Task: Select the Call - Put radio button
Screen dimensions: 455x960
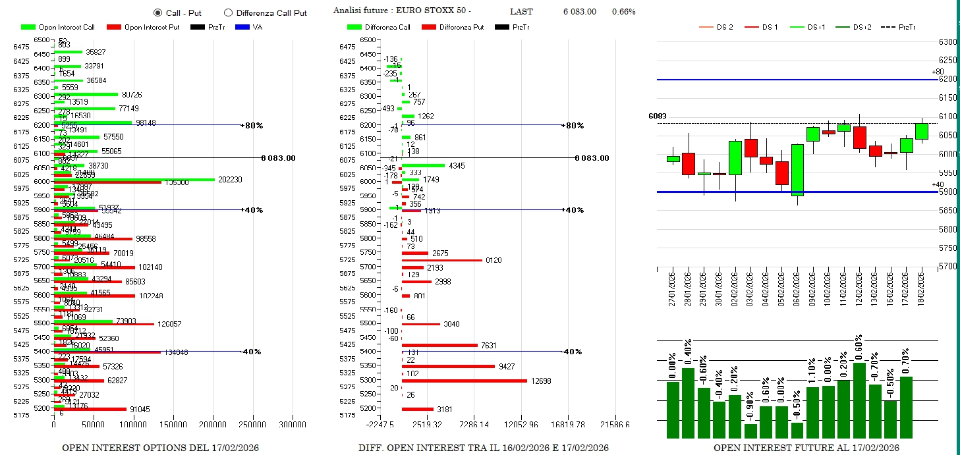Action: coord(157,13)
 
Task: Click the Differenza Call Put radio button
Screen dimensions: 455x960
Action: coord(229,13)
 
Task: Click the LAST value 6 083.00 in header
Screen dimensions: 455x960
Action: coord(579,12)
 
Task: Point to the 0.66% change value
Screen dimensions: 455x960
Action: coord(623,12)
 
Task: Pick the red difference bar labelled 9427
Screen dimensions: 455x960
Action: coord(448,366)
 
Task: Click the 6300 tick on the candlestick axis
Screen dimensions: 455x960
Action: coord(947,42)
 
